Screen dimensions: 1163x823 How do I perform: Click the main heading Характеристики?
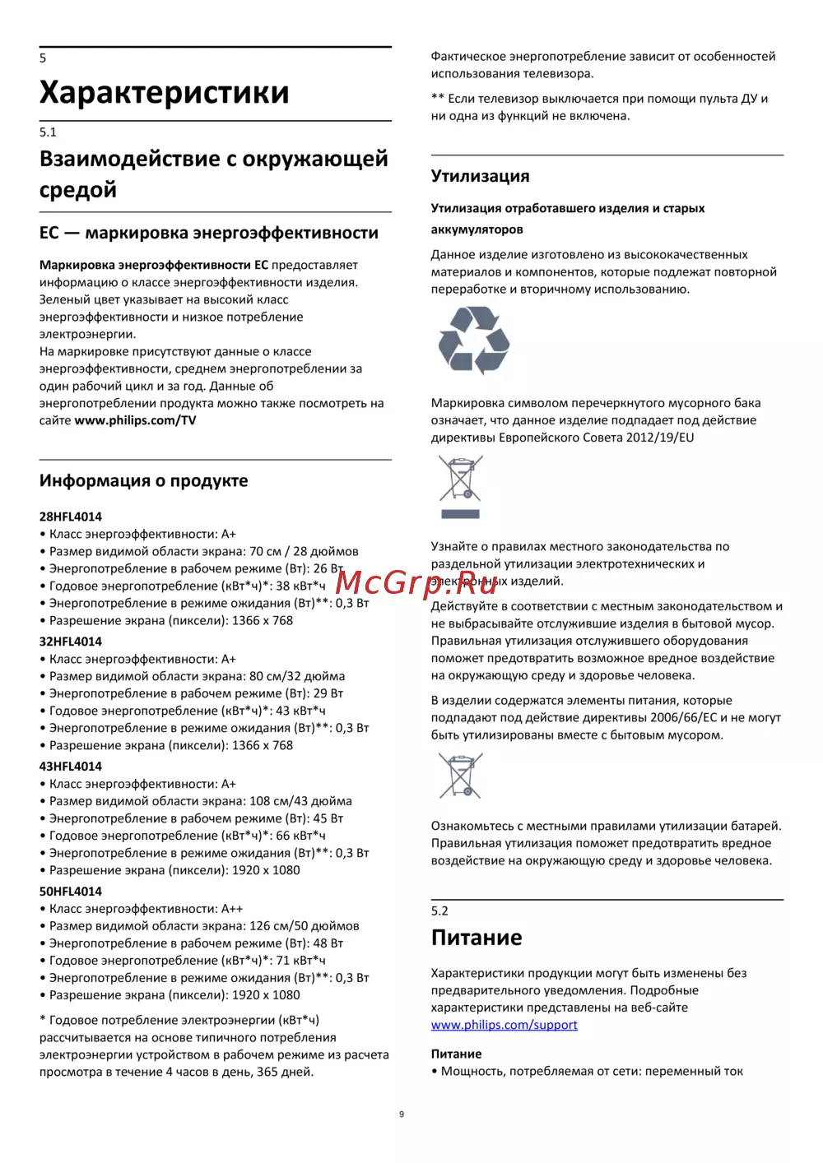coord(164,92)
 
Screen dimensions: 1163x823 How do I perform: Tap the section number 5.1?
coord(48,132)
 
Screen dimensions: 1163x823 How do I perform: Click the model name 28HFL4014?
coord(71,517)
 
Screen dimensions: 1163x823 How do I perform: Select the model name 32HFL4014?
coord(71,642)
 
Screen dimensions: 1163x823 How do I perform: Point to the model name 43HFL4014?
coord(71,767)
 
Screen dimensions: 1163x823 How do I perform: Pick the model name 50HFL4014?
coord(71,892)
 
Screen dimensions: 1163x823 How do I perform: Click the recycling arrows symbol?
coord(474,340)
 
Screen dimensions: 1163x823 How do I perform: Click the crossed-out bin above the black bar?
coord(460,479)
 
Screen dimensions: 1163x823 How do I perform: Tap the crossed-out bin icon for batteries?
coord(460,776)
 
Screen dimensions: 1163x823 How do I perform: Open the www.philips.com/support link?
coord(504,1025)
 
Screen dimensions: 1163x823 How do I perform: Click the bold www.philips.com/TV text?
coord(135,420)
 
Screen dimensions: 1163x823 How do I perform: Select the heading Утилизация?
coord(480,176)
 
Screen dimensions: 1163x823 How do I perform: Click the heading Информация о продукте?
coord(143,481)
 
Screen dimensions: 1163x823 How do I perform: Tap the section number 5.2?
coord(439,910)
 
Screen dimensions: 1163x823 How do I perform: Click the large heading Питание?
coord(477,938)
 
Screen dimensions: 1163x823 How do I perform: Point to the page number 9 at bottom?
coord(402,1114)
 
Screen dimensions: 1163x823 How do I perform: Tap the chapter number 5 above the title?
coord(43,58)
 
